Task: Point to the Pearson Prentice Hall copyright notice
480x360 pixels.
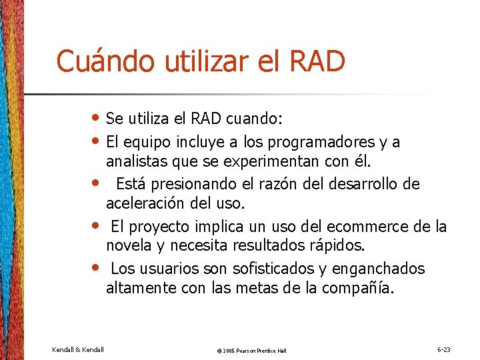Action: pos(252,350)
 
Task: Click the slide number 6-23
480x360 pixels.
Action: pos(444,349)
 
